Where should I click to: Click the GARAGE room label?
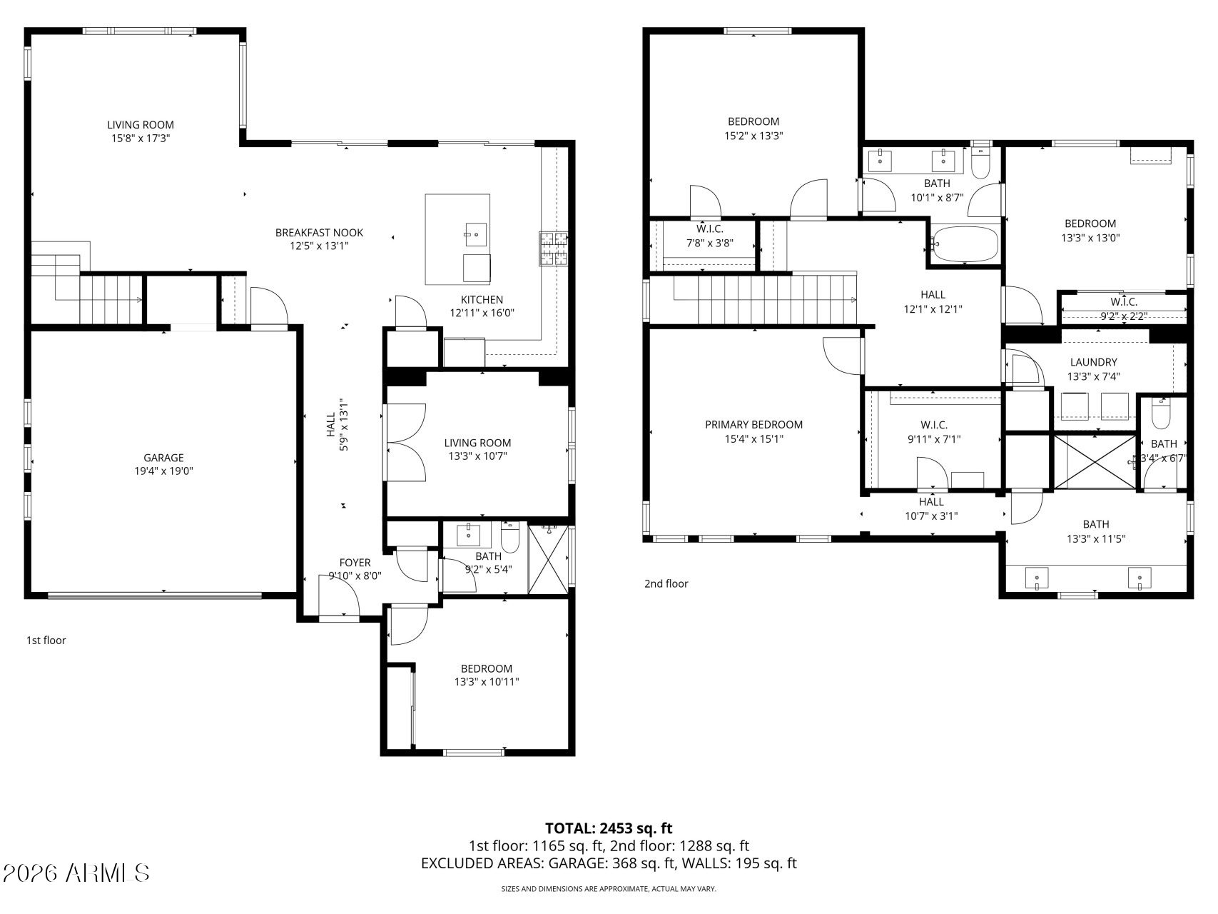click(163, 458)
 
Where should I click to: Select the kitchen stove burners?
click(554, 249)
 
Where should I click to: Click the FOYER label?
click(355, 563)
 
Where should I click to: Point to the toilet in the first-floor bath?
click(510, 537)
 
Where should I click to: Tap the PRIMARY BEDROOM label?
click(753, 424)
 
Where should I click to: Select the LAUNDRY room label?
click(1093, 362)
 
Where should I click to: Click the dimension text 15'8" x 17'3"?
click(141, 139)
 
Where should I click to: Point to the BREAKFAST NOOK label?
click(319, 232)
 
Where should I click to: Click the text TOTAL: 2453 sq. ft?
click(609, 828)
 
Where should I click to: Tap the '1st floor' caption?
click(46, 640)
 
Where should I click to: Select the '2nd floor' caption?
click(666, 583)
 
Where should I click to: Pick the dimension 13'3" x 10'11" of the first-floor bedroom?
click(487, 682)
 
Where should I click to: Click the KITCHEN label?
click(482, 300)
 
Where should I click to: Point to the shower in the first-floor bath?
click(549, 558)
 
